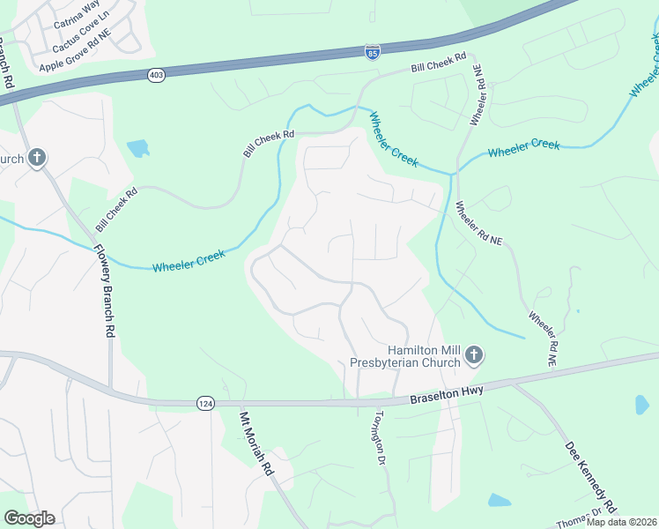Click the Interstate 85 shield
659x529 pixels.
[x=373, y=52]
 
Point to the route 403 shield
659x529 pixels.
[x=156, y=76]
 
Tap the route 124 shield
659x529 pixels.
[x=204, y=403]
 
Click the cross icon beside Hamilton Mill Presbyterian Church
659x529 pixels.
[x=474, y=355]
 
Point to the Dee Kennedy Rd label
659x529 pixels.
[x=589, y=477]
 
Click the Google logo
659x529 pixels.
[x=29, y=518]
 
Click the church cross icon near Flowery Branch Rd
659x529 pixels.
[x=36, y=159]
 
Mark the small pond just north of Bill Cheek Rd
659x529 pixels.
[x=138, y=148]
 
